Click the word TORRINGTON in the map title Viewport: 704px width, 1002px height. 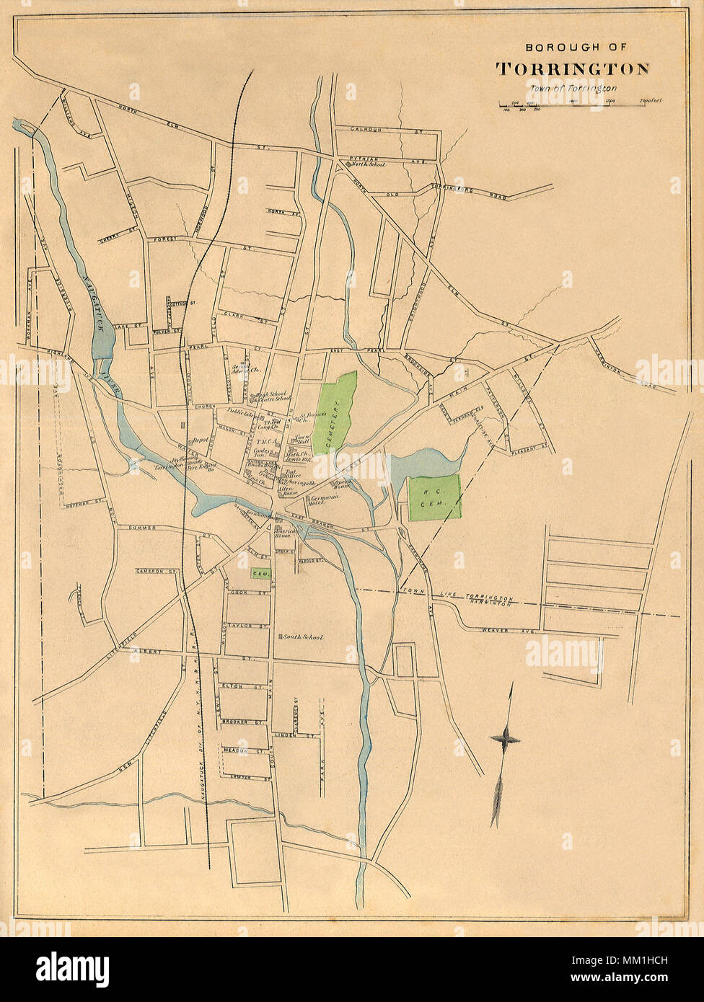click(x=572, y=69)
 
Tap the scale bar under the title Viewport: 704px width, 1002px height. click(x=573, y=105)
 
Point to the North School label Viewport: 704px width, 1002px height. click(x=368, y=165)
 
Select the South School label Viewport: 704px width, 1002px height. click(x=302, y=637)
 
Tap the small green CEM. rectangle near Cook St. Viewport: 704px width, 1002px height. click(x=260, y=573)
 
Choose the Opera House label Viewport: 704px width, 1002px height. click(x=340, y=484)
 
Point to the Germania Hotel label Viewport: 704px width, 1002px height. click(x=324, y=501)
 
